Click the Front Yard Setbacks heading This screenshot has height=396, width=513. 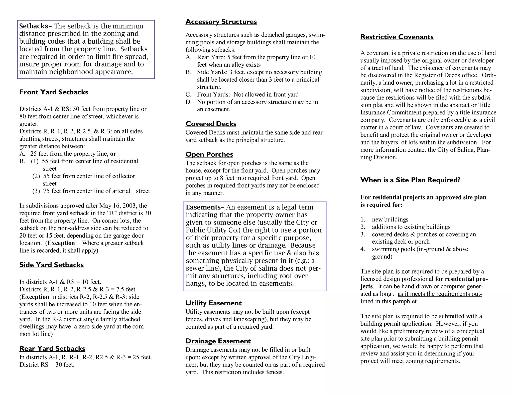(x=54, y=92)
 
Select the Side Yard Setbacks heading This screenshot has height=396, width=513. (x=51, y=265)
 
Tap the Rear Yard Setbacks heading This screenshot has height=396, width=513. (x=52, y=348)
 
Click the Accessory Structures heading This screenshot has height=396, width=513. (x=221, y=22)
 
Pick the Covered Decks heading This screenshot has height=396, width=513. (x=211, y=124)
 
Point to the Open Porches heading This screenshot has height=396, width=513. (x=209, y=154)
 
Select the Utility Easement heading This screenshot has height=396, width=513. (x=213, y=303)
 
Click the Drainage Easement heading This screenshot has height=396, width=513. (x=218, y=341)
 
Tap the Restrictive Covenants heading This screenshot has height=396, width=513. (x=397, y=37)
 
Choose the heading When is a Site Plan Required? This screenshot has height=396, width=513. (x=410, y=180)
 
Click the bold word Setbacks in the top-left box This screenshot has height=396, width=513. (x=34, y=26)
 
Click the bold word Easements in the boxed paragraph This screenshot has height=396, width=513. (x=203, y=207)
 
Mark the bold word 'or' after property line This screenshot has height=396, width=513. (x=113, y=154)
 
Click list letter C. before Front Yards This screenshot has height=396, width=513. (x=188, y=95)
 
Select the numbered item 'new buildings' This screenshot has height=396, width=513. (x=390, y=220)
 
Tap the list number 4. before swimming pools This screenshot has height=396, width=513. (x=363, y=249)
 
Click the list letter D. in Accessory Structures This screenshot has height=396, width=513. (x=188, y=102)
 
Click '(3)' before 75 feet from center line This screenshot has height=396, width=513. (x=36, y=191)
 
